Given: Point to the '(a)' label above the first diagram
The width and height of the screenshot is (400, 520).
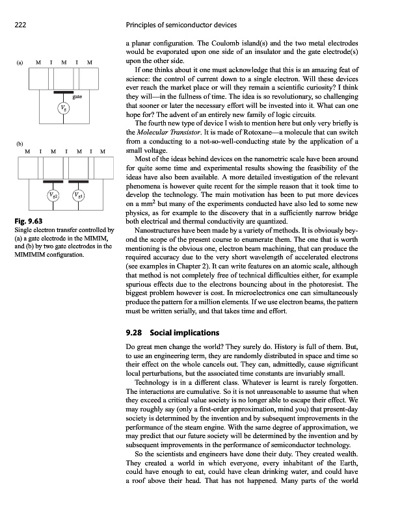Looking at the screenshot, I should coord(20,62).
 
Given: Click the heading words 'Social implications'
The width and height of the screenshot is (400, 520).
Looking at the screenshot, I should coord(185,333).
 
